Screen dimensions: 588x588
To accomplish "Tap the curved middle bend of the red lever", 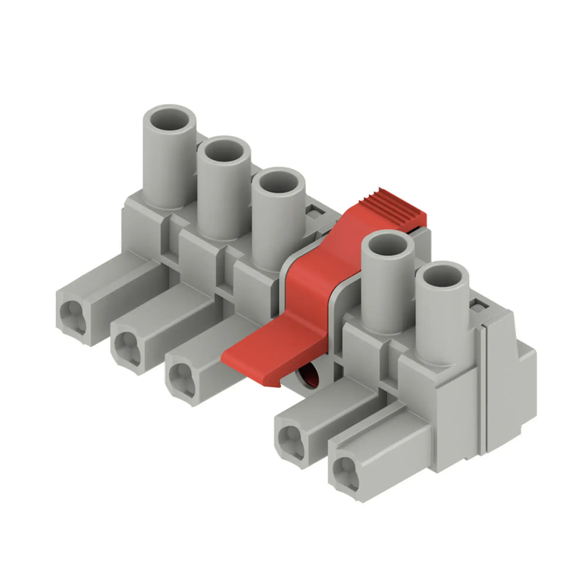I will pyautogui.click(x=313, y=274).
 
